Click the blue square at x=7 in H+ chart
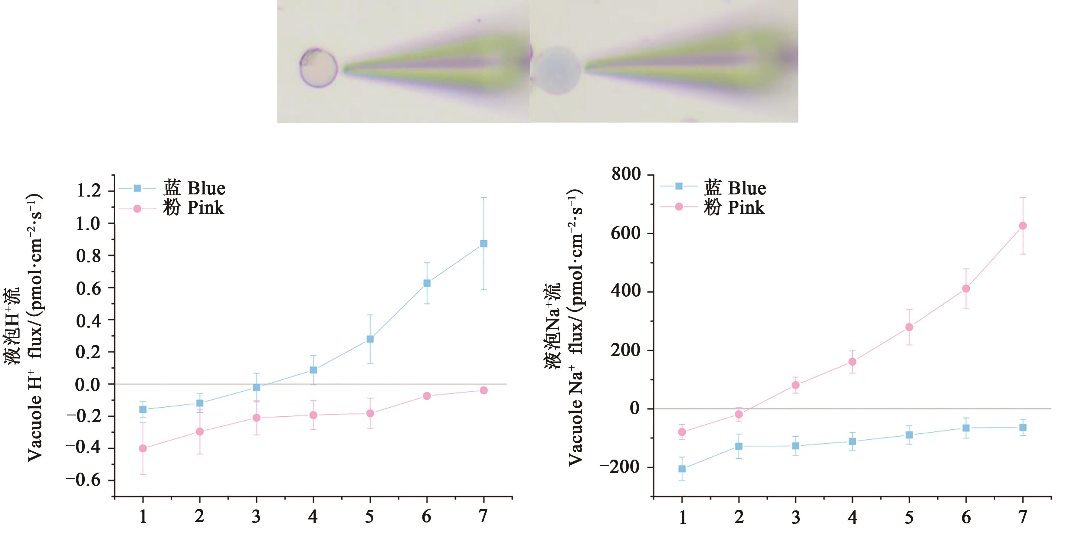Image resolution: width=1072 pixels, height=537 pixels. click(484, 243)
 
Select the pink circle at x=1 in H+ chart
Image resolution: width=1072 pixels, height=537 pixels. click(143, 448)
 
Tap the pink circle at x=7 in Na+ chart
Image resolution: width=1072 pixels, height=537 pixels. click(1022, 226)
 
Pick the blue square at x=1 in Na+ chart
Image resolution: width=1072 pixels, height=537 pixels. click(682, 469)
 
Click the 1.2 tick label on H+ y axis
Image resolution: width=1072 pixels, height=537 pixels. click(89, 191)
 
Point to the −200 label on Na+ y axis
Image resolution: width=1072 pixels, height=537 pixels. click(620, 467)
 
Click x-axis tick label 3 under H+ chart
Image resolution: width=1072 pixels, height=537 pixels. click(256, 517)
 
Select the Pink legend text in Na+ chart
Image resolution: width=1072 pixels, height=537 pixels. click(746, 207)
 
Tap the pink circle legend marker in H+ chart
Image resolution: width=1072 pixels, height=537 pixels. click(137, 208)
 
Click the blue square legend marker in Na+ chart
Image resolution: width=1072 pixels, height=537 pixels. click(679, 186)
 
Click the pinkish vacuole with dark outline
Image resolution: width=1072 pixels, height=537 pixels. click(318, 68)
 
